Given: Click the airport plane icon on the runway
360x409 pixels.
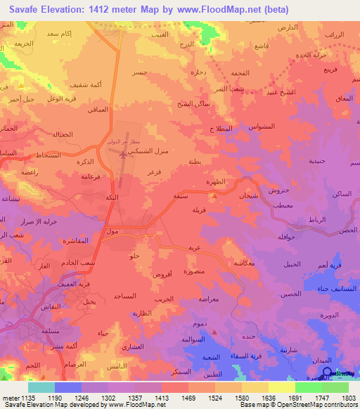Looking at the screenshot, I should pyautogui.click(x=124, y=157).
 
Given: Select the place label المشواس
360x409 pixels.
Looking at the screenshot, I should pyautogui.click(x=262, y=127).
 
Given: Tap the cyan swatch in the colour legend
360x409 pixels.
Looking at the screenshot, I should pyautogui.click(x=41, y=387).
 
